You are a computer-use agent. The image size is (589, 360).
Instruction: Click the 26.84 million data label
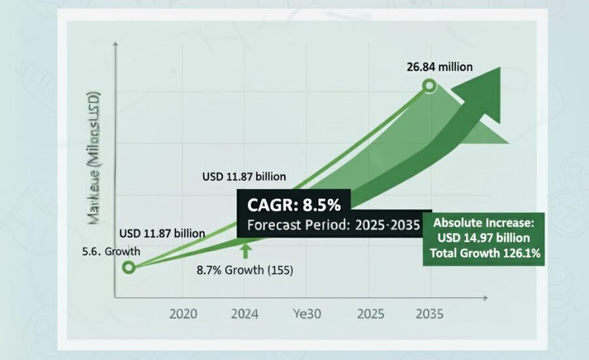(x=440, y=66)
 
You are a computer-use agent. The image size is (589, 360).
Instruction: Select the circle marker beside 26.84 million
(x=429, y=85)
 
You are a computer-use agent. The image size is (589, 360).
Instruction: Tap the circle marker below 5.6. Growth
(x=129, y=266)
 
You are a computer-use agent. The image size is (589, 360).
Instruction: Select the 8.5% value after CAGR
(x=320, y=205)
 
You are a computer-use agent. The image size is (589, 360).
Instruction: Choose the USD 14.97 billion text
(x=484, y=238)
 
